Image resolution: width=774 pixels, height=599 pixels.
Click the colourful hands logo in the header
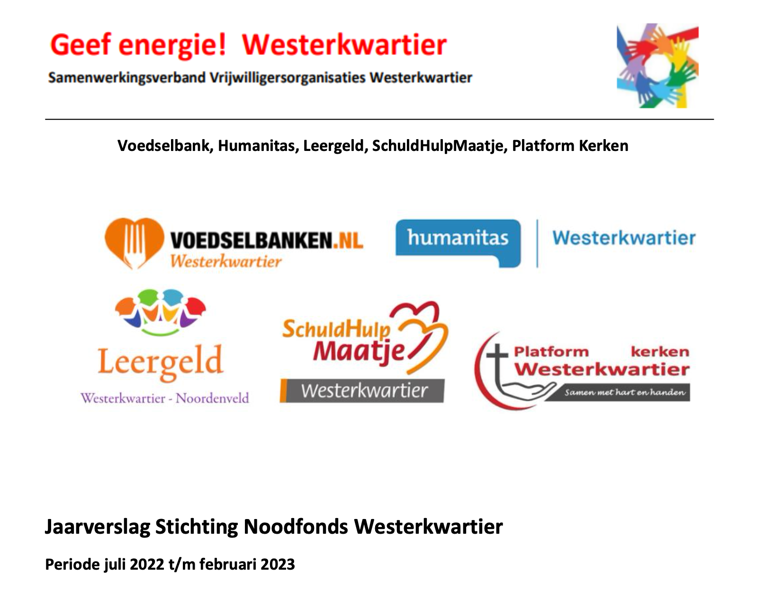[x=657, y=65]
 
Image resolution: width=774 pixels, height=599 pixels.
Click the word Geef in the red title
[x=81, y=45]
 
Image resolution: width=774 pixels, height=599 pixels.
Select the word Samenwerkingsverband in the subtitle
[x=127, y=78]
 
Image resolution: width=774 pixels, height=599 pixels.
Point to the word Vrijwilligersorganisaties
[x=288, y=78]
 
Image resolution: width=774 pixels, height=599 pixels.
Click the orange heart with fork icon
[x=134, y=243]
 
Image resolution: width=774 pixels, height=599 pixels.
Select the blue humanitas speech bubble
[x=458, y=243]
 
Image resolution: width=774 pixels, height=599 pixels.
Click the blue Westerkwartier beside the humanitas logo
[x=624, y=238]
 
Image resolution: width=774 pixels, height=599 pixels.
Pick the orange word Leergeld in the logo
[x=160, y=362]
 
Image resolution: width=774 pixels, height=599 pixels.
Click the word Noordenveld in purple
[x=212, y=398]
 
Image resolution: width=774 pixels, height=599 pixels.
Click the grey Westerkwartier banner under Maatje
[x=362, y=390]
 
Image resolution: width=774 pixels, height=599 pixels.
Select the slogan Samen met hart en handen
[x=625, y=392]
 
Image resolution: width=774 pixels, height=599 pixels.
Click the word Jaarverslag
[x=97, y=527]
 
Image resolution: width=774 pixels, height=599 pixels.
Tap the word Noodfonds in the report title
[x=296, y=527]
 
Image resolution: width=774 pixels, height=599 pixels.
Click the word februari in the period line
[x=227, y=564]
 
